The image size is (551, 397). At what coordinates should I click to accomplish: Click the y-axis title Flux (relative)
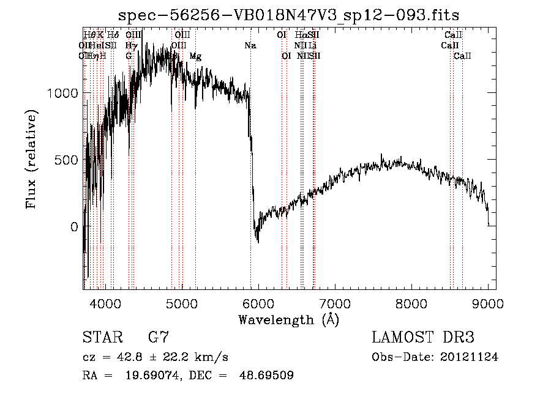tap(31, 160)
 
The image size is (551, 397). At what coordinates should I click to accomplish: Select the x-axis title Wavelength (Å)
tap(288, 319)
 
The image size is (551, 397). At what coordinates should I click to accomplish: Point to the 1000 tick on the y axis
tap(62, 93)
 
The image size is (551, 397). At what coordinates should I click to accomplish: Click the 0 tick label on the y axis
tap(75, 227)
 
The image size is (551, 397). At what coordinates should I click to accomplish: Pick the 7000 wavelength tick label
tap(335, 303)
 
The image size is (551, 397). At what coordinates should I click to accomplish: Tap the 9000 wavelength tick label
tap(488, 303)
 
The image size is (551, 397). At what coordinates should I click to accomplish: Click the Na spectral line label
tap(250, 45)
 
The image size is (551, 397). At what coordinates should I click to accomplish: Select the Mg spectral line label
tap(195, 56)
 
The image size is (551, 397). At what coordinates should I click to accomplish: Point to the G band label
tap(129, 56)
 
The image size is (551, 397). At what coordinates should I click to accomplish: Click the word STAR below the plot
tap(102, 338)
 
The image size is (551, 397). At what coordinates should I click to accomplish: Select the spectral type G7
tap(159, 338)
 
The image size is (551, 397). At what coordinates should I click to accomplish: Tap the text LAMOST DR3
tap(423, 338)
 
